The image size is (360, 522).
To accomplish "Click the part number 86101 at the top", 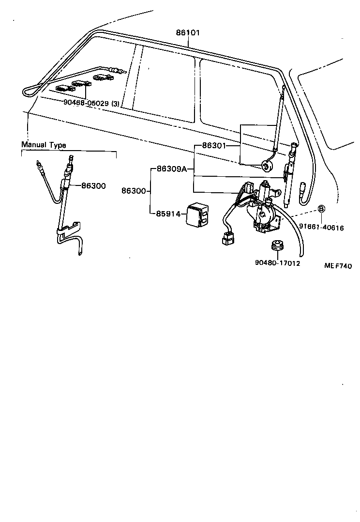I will (187, 32).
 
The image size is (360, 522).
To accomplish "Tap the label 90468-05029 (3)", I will (91, 103).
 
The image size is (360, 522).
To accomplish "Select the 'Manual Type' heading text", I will (44, 145).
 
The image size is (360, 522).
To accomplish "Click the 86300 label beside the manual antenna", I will (93, 185).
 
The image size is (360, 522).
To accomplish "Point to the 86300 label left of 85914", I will (133, 191).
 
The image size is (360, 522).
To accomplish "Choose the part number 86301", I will (213, 145).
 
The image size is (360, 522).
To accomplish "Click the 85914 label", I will (168, 213).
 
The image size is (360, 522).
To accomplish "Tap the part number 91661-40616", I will (321, 227).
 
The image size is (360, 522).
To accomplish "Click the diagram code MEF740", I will (338, 266).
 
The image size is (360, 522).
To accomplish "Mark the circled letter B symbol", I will (321, 209).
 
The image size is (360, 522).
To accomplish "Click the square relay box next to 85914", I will (199, 214).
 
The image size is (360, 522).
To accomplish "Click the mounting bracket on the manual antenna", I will (71, 228).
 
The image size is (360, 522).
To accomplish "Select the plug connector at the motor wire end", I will (227, 239).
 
